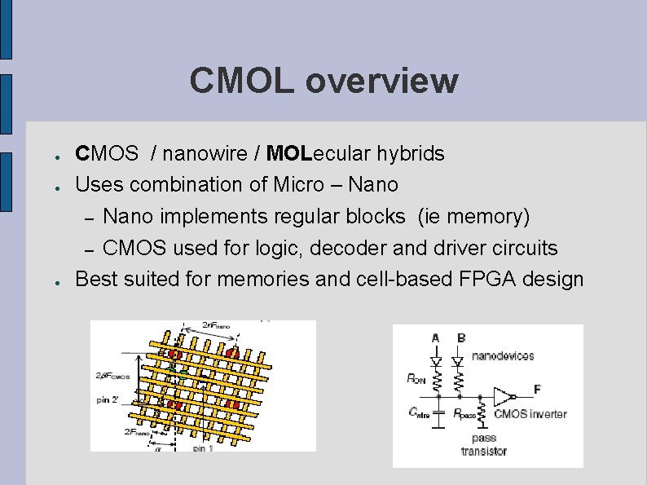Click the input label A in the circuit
[436, 337]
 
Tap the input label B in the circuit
[461, 337]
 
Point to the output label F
[536, 388]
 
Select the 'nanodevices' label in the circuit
[503, 356]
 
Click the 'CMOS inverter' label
[530, 414]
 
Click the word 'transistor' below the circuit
[483, 451]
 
